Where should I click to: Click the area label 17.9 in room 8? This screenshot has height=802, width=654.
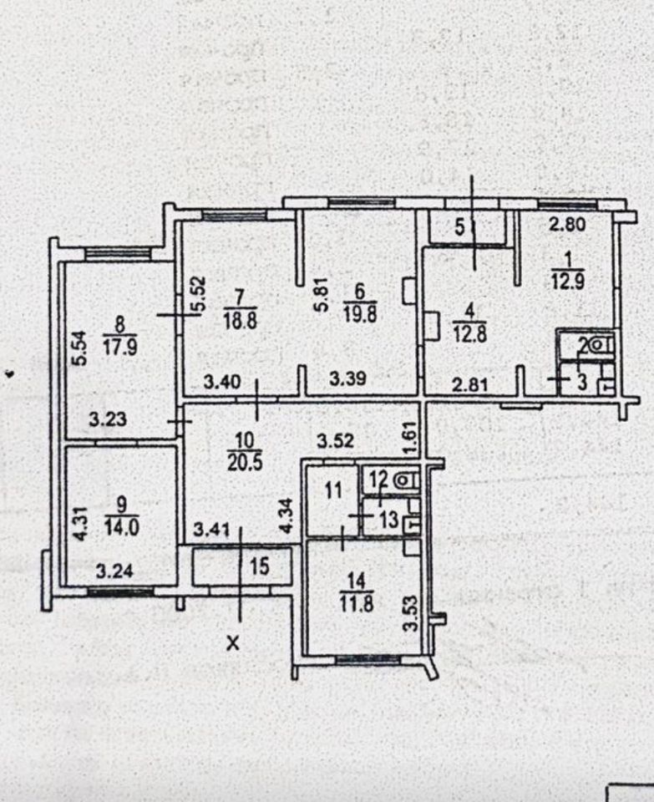tap(119, 345)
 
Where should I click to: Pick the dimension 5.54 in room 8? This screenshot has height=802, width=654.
tap(79, 345)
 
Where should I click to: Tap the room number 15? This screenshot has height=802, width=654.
tap(260, 567)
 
